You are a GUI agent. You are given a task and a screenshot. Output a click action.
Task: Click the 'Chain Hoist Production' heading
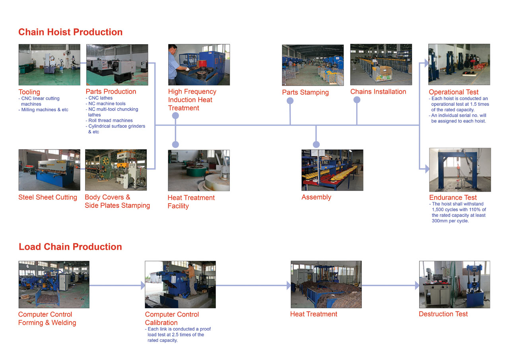tap(70, 32)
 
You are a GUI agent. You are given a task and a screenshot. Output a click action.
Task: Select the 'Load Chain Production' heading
tap(70, 247)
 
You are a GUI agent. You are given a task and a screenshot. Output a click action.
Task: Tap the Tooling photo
tap(49, 65)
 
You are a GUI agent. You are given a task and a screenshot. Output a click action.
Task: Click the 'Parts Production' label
tap(111, 91)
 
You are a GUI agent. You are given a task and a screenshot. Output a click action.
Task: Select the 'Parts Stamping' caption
tap(305, 92)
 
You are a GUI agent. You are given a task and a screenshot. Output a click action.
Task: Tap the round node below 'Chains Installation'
tap(357, 100)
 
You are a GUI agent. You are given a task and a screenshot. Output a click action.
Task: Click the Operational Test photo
tap(459, 64)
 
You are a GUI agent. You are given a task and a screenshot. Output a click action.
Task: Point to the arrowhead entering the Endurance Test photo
tap(427, 169)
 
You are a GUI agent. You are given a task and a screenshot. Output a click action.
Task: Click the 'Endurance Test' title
tap(453, 197)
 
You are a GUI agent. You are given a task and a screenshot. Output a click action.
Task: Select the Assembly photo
tap(332, 170)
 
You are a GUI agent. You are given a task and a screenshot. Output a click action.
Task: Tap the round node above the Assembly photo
tap(316, 144)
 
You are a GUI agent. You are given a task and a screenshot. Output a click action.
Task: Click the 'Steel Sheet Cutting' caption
tap(48, 197)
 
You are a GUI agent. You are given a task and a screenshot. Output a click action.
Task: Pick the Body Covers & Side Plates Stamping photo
tap(116, 170)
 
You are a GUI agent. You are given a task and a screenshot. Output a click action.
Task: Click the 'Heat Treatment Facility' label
tap(191, 202)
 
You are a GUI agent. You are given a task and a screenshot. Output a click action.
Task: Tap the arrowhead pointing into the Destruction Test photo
tap(417, 285)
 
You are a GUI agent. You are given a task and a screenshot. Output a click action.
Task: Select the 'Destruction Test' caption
tap(443, 314)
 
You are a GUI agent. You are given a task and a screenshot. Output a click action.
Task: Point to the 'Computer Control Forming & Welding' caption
tap(47, 318)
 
